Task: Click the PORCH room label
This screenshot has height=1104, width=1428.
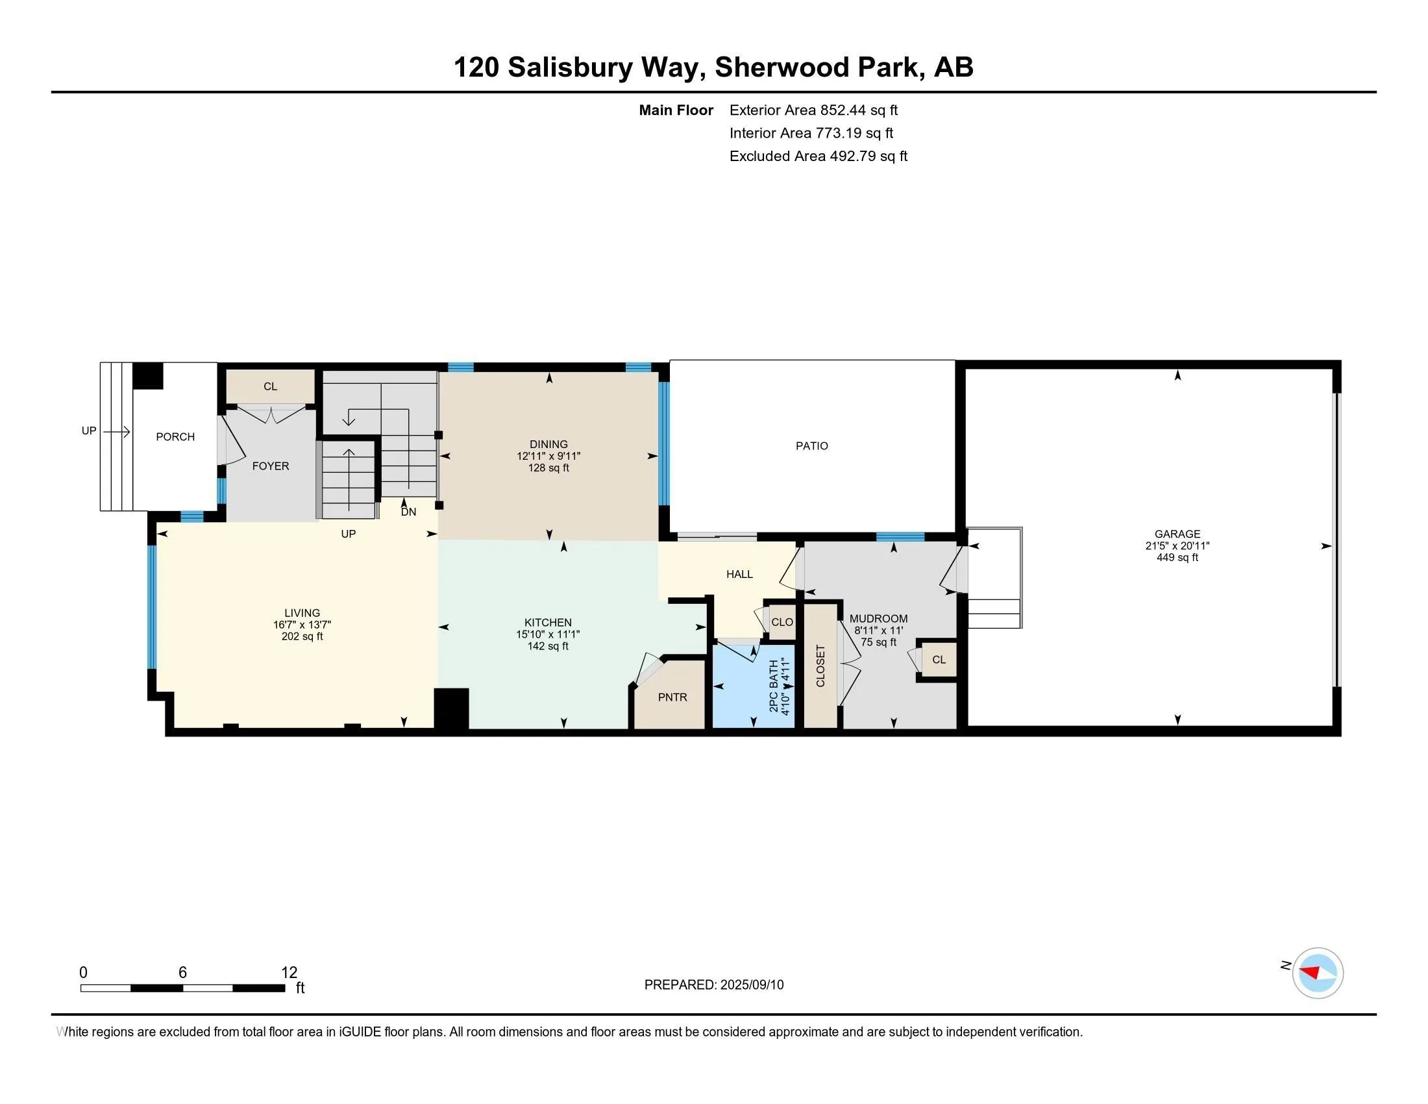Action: click(175, 437)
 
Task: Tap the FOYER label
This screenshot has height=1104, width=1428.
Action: click(271, 466)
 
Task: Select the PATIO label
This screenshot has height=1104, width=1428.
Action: click(812, 446)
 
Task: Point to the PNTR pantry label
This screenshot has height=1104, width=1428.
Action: click(672, 697)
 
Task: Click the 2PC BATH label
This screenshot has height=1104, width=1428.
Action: click(774, 686)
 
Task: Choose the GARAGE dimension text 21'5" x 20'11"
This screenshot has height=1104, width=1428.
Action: click(1177, 546)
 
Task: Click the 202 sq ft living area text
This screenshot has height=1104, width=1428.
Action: click(302, 636)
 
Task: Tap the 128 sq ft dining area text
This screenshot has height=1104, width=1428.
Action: click(548, 468)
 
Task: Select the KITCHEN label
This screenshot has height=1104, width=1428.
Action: click(548, 623)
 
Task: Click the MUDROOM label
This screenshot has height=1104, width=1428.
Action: click(879, 619)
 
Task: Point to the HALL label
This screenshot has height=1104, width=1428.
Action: click(739, 574)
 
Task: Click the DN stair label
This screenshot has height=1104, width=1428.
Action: click(409, 512)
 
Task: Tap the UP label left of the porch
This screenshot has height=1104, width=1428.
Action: click(89, 431)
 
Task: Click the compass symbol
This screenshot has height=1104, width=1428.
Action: click(1318, 973)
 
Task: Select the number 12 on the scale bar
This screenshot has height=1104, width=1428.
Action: click(289, 973)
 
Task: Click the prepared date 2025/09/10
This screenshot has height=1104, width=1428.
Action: click(752, 985)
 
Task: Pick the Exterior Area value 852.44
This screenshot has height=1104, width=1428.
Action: click(843, 110)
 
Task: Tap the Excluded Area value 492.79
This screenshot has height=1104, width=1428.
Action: click(853, 156)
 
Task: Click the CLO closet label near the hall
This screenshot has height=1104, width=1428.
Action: click(782, 622)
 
